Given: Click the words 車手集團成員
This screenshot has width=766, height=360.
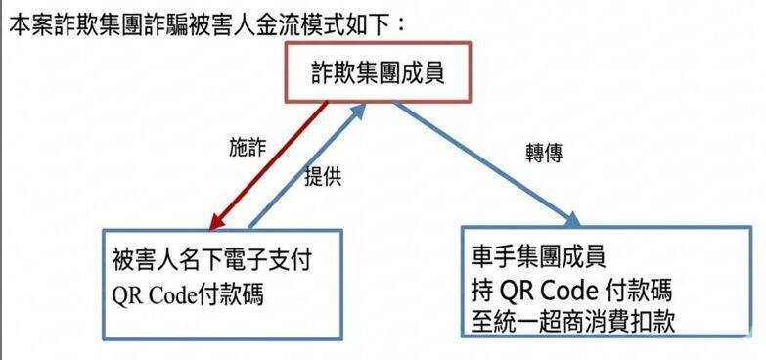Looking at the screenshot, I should pos(538,259).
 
